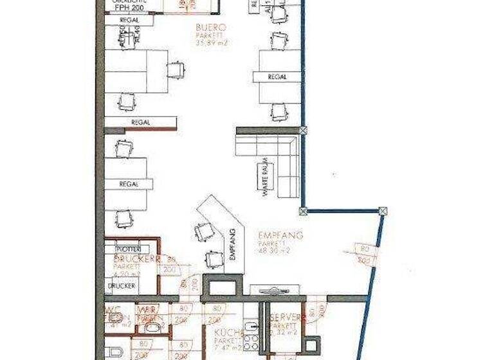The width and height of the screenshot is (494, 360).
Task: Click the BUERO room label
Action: click(x=212, y=28)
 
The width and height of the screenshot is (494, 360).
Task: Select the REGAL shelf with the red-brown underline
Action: click(x=141, y=122)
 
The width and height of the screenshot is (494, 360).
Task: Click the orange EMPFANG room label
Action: click(x=280, y=236)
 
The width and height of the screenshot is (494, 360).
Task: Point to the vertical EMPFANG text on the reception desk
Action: click(x=233, y=244)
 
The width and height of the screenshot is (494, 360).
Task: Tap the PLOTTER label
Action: click(x=128, y=249)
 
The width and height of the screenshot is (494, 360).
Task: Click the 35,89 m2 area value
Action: click(x=212, y=42)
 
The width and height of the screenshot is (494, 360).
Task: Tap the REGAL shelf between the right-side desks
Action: click(x=277, y=76)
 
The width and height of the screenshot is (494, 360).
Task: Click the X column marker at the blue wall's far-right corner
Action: click(x=383, y=211)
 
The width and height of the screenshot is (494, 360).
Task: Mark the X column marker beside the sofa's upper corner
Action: click(x=303, y=130)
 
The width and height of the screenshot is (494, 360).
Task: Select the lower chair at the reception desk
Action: click(x=212, y=259)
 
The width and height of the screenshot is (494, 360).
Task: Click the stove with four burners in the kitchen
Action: click(x=251, y=343)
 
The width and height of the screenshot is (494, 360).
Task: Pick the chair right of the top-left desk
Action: click(x=176, y=69)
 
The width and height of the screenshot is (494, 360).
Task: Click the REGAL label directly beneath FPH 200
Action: click(x=129, y=21)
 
